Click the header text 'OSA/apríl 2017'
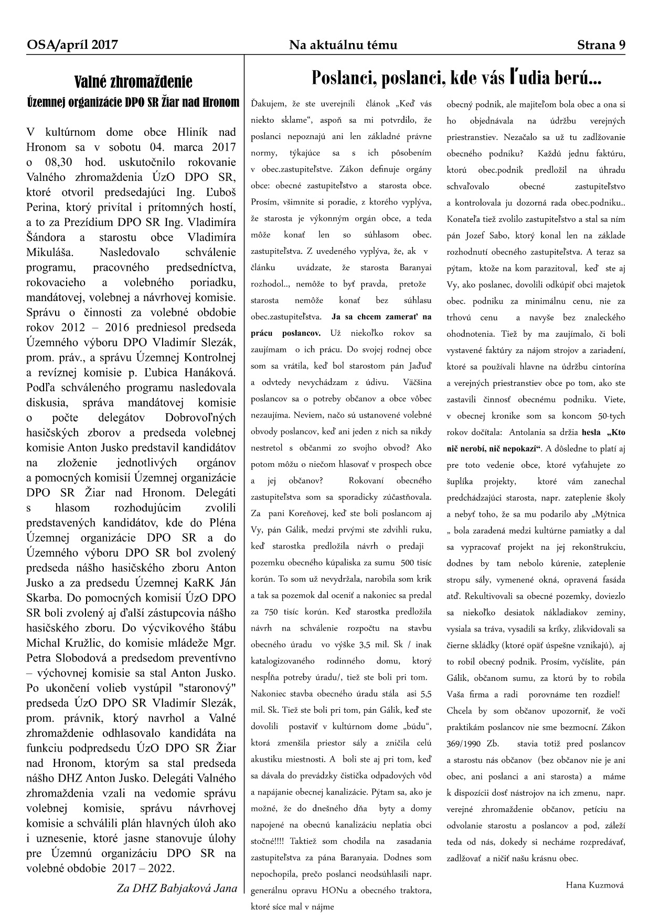click(72, 45)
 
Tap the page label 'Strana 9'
click(601, 45)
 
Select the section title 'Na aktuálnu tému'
click(343, 45)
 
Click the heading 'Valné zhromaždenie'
click(133, 82)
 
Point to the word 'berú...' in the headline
click(576, 78)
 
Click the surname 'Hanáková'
click(211, 373)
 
